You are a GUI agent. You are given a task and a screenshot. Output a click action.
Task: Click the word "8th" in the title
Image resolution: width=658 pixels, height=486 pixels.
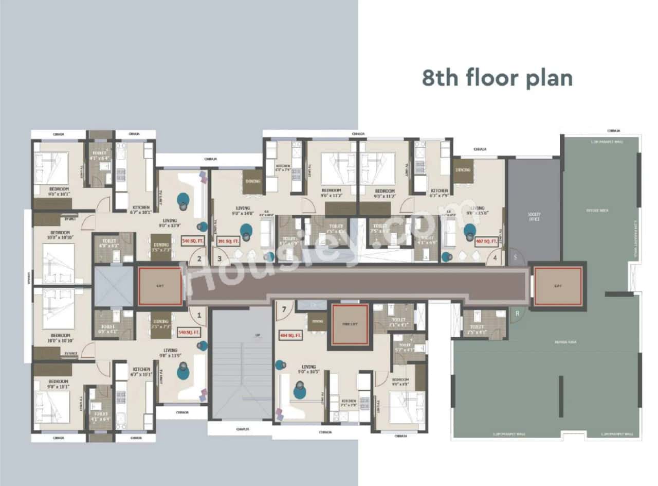tap(440, 78)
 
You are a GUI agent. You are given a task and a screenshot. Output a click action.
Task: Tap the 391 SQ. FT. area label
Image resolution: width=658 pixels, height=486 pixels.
tap(228, 241)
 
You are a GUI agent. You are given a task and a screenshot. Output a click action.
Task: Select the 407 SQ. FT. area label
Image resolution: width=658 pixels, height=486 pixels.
tap(486, 241)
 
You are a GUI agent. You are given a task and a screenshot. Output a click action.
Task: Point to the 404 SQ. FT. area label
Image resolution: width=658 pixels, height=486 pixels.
tap(290, 336)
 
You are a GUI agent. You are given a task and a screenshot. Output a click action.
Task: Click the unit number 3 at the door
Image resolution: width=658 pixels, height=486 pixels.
tap(219, 258)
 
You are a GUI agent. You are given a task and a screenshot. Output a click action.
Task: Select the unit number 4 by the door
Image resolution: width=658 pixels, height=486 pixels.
tap(495, 258)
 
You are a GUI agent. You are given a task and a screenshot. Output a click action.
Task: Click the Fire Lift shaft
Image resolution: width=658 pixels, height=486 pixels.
tap(350, 324)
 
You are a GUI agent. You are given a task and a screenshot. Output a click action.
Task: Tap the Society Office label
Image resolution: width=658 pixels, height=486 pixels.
tap(534, 216)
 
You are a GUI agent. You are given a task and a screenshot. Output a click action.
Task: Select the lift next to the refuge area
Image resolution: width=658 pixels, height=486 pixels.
tap(558, 286)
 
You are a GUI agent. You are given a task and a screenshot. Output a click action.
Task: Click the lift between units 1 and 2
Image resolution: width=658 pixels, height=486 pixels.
tap(160, 286)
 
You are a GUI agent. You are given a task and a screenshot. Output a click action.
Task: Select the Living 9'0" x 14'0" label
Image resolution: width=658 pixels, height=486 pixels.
tap(242, 211)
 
